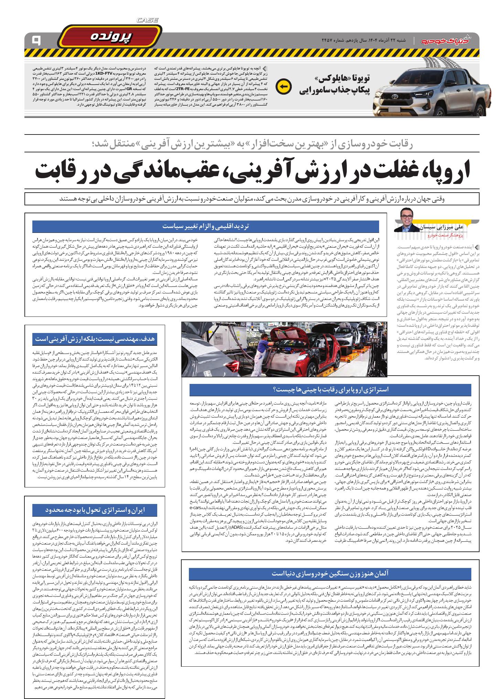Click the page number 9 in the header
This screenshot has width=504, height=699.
[x=35, y=40]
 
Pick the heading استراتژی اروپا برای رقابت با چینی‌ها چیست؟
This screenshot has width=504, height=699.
[x=330, y=390]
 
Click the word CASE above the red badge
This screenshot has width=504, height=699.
[x=147, y=20]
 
